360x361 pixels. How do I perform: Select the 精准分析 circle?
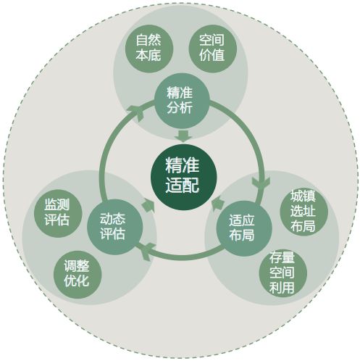(x=182, y=101)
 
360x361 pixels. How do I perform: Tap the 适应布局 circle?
(x=244, y=228)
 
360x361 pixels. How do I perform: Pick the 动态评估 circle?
(x=115, y=227)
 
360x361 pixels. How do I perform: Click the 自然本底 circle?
(x=149, y=49)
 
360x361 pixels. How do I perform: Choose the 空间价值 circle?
(x=212, y=49)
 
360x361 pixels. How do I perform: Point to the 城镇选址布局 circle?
(x=304, y=211)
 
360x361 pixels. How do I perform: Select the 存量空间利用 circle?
(x=282, y=273)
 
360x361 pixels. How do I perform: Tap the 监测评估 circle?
(x=58, y=213)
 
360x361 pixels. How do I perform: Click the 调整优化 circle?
(x=78, y=275)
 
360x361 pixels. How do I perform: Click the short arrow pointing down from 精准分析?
(x=183, y=136)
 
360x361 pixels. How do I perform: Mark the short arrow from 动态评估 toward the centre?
(x=148, y=205)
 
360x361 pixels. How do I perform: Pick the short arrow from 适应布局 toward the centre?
(x=218, y=204)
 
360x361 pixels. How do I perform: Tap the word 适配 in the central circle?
(x=183, y=185)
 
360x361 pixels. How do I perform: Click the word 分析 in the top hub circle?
(x=180, y=108)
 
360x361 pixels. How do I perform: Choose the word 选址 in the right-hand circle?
(x=303, y=211)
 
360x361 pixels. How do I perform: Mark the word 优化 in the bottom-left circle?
(x=77, y=281)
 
